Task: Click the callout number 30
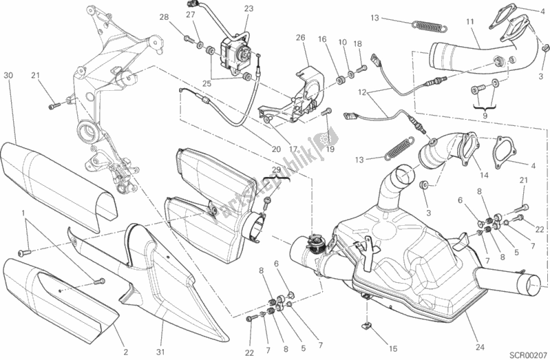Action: (x=8, y=74)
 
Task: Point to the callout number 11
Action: (x=470, y=23)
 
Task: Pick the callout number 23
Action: (x=248, y=8)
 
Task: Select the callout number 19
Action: (x=330, y=148)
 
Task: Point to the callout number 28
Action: (x=164, y=17)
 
